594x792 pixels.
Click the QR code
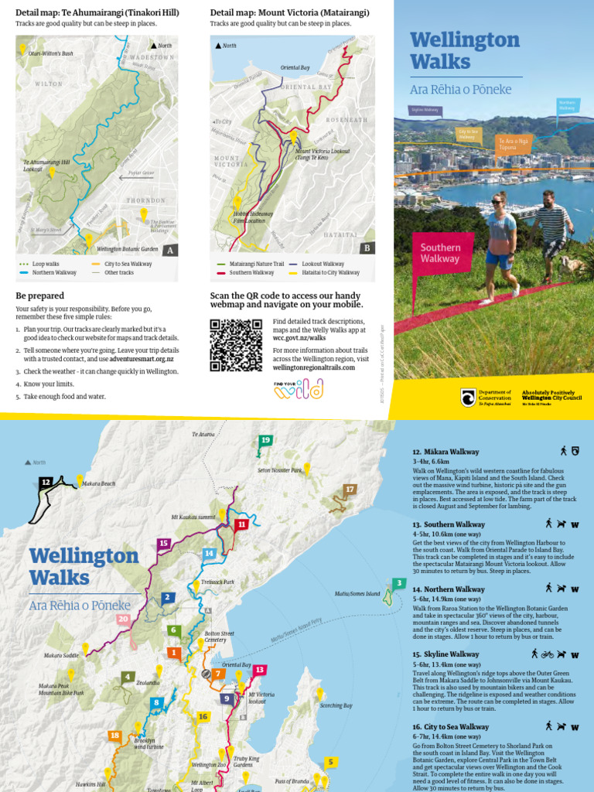click(236, 344)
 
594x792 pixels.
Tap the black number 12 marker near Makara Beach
click(46, 482)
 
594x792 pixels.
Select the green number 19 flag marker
click(265, 441)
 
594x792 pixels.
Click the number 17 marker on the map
click(350, 490)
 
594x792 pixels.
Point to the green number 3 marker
click(398, 583)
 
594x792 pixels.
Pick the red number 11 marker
click(242, 524)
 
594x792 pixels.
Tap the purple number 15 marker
click(163, 544)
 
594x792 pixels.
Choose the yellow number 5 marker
click(330, 762)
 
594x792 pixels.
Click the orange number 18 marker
click(114, 736)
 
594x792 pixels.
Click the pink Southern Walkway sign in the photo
click(441, 253)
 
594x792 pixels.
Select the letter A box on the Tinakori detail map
click(170, 249)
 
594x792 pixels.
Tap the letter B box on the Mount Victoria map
click(367, 247)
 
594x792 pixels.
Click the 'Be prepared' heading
click(39, 295)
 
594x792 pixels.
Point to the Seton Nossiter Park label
click(279, 470)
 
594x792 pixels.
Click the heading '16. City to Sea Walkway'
click(450, 727)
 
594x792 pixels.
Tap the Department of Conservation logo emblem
click(468, 397)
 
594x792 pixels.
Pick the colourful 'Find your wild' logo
click(298, 389)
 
